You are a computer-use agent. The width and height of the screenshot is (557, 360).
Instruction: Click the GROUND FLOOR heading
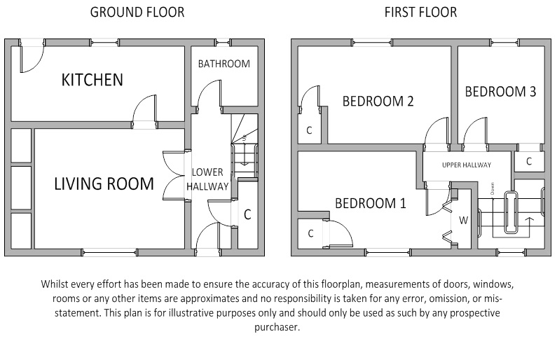pos(137,13)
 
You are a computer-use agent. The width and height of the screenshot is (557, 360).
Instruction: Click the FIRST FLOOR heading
pos(420,13)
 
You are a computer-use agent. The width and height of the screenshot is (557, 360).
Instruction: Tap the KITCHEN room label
pos(92,80)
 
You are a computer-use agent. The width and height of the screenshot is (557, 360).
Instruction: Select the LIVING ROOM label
pos(104,184)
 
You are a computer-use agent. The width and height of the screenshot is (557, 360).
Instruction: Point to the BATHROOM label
pos(224,64)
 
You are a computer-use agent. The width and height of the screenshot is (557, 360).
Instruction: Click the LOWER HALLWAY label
pos(207,179)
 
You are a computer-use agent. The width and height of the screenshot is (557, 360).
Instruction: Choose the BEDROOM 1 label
pos(370,204)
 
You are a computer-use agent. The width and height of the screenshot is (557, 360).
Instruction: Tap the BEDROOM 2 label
pos(378,102)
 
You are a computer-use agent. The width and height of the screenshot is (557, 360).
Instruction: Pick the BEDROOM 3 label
pos(500,92)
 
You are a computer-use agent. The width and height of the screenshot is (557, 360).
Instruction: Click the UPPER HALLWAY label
pos(466,165)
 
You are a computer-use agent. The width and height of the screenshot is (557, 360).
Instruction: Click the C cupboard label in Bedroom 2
pos(309,130)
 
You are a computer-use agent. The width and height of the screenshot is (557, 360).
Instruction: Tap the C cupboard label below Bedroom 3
pos(529,162)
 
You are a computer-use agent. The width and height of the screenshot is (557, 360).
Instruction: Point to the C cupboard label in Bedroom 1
pos(310,234)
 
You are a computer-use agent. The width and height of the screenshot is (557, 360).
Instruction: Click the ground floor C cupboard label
pos(247,215)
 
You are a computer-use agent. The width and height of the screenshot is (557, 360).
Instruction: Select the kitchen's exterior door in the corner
pos(32,57)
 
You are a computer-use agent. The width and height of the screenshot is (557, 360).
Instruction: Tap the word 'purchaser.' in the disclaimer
pos(277,327)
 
